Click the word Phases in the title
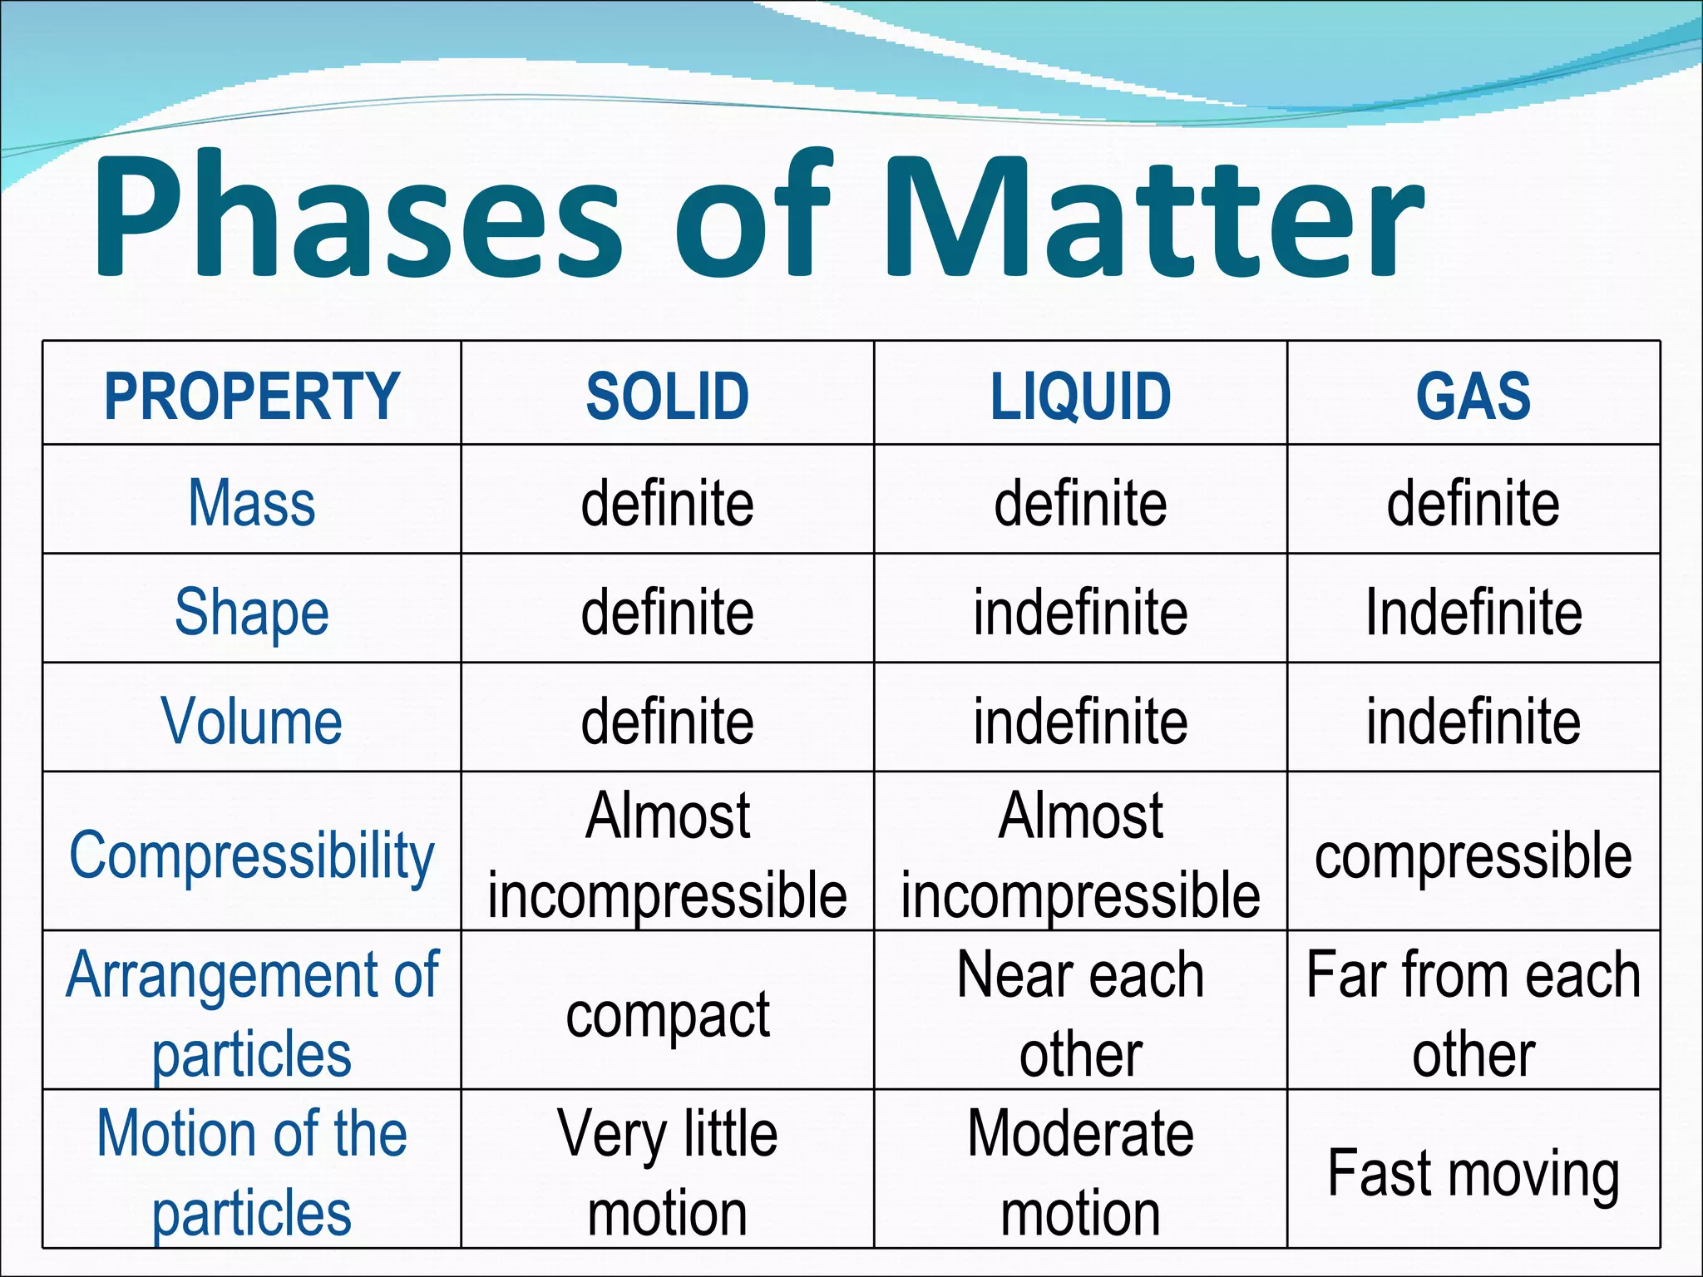pos(358,218)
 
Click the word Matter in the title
pos(1152,218)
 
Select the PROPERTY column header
pos(252,396)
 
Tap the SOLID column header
pos(667,396)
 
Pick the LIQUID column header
pos(1080,396)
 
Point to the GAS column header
pos(1473,396)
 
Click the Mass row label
pos(252,503)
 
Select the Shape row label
pos(252,613)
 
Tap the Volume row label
pos(252,721)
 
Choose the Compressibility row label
pos(252,855)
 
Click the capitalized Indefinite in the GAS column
pos(1473,613)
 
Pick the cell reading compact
pos(667,1014)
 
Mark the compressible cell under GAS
pos(1473,856)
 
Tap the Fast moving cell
pos(1473,1173)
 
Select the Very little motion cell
pos(667,1172)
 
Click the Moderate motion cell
pos(1080,1172)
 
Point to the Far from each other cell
pos(1473,1014)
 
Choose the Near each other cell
pos(1080,1014)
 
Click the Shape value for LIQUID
pos(1080,613)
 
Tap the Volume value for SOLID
pos(667,721)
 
